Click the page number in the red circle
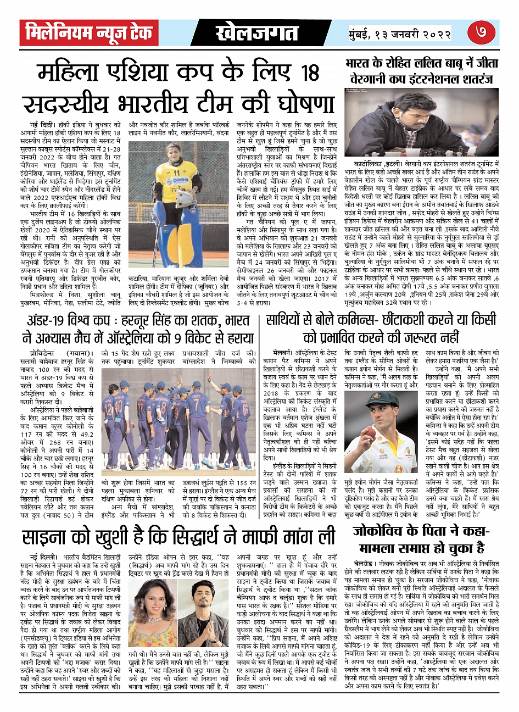tap(482, 32)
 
